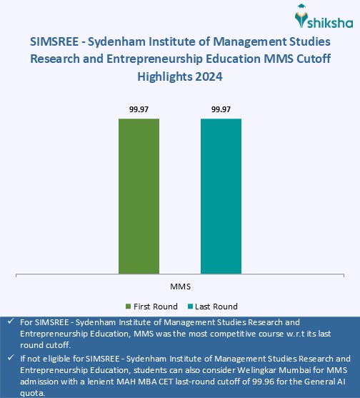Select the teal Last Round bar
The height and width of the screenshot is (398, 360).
pyautogui.click(x=221, y=195)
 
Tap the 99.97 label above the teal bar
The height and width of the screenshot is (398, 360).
pyautogui.click(x=221, y=109)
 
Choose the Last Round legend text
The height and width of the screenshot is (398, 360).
pyautogui.click(x=216, y=307)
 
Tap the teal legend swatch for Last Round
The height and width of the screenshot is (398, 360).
pyautogui.click(x=191, y=307)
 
